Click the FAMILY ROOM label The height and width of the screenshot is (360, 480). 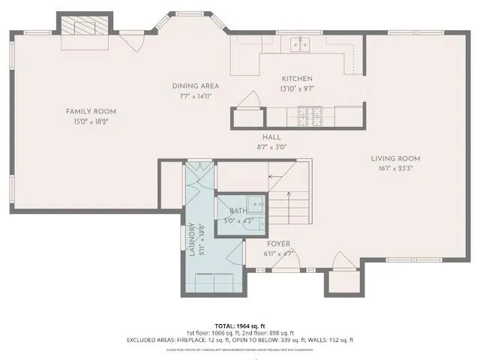coord(94,112)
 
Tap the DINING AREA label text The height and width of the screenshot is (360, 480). coord(195,86)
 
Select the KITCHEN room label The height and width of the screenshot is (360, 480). coord(297,79)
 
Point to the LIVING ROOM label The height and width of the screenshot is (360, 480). coord(395,159)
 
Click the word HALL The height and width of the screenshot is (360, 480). coord(271,137)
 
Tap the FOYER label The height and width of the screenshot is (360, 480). coord(278,244)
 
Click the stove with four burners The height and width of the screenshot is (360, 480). coord(310,115)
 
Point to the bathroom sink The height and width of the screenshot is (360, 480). coord(256,203)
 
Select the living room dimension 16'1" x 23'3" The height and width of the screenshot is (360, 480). coord(395,169)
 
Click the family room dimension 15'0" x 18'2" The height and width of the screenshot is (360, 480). coord(94,121)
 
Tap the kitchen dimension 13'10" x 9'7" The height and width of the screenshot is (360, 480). coord(297,88)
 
